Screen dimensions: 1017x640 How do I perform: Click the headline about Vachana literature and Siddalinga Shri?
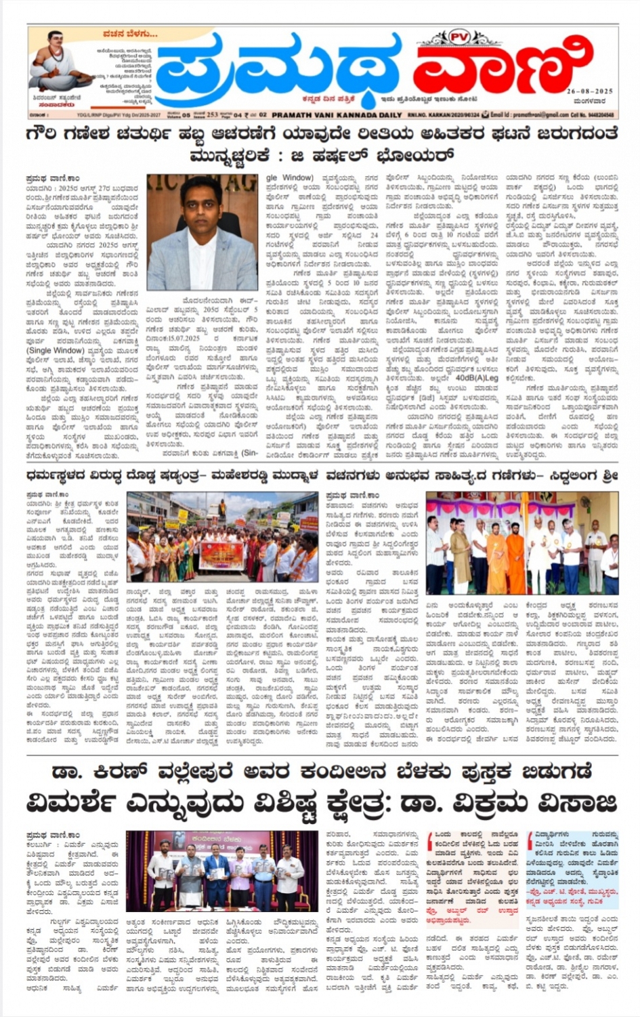(x=473, y=476)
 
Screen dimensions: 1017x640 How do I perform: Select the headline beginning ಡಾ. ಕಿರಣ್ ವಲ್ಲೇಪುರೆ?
(x=322, y=772)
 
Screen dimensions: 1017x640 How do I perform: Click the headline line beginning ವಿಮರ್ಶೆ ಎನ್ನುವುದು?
(x=322, y=804)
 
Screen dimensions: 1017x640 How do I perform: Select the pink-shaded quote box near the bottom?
(x=473, y=876)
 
